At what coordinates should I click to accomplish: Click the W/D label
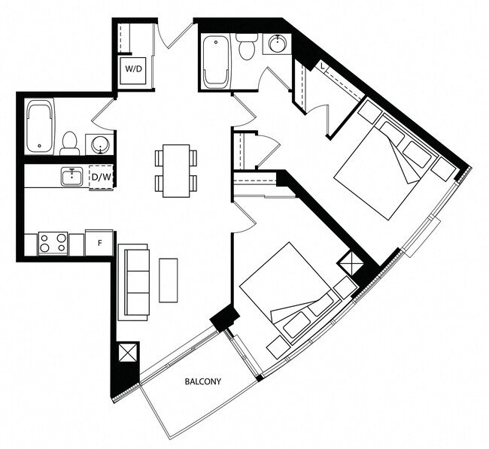point(134,69)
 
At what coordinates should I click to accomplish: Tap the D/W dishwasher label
point(101,177)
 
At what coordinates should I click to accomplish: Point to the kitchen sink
point(72,176)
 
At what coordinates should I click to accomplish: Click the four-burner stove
point(53,243)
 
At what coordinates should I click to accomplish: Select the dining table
point(176,170)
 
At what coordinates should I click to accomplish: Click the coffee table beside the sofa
point(169,280)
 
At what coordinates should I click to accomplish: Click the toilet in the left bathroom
point(70,142)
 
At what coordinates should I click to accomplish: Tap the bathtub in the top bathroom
point(215,60)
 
